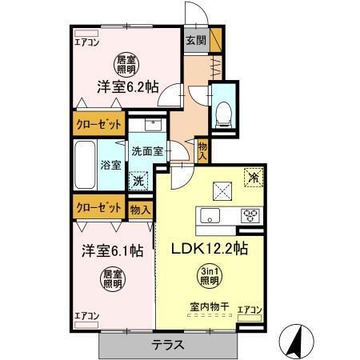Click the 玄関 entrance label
tap(195, 41)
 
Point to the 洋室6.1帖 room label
tap(111, 250)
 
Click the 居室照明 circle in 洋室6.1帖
tap(111, 278)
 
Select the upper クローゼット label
tap(99, 125)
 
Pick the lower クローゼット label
tap(98, 206)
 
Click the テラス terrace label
tap(169, 345)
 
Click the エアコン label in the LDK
tap(250, 310)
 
